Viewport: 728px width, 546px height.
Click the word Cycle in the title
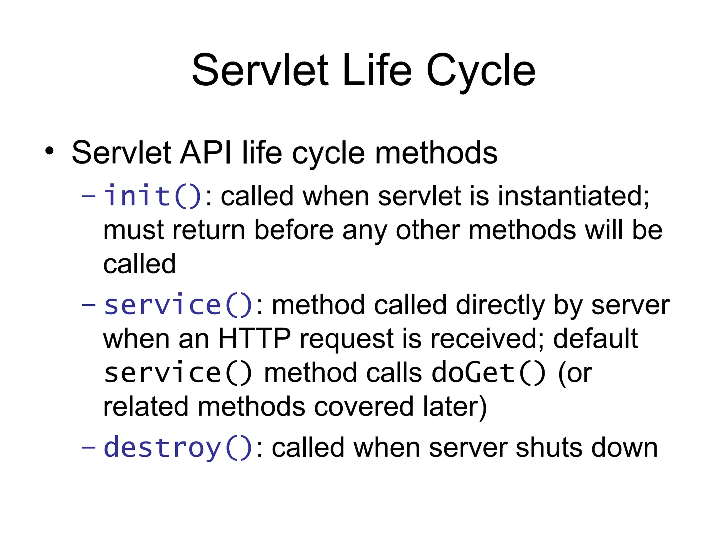[x=481, y=71]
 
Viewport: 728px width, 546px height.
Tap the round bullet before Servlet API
[x=49, y=151]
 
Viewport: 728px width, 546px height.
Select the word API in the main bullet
[x=206, y=153]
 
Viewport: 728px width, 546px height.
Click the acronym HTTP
[x=254, y=339]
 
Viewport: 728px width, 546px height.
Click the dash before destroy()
[x=89, y=447]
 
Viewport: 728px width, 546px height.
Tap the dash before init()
[x=89, y=196]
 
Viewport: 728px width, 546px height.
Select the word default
[x=595, y=339]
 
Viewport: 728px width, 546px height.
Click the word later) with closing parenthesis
[x=455, y=407]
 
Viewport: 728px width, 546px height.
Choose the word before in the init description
[x=294, y=230]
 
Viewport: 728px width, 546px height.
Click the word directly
[x=500, y=305]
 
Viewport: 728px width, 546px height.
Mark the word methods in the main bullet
[x=436, y=153]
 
